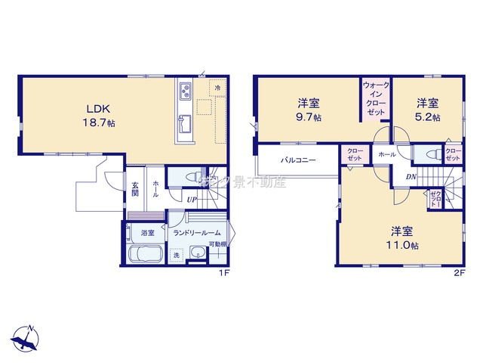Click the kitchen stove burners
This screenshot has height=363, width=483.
click(x=186, y=94)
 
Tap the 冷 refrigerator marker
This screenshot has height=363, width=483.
click(x=217, y=88)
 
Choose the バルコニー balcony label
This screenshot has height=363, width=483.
click(x=299, y=160)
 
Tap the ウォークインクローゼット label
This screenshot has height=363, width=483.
click(x=375, y=99)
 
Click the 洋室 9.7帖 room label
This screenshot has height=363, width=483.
click(x=307, y=110)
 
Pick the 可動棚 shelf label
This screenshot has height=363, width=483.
click(x=218, y=244)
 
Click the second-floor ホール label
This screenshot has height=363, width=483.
click(x=386, y=154)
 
